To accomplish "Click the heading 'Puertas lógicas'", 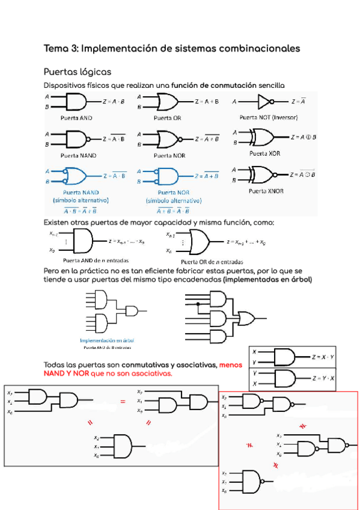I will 77,72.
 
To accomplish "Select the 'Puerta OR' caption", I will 167,118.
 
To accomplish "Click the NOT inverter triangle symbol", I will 264,101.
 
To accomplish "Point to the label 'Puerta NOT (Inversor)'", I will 269,117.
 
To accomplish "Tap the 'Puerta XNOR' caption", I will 266,191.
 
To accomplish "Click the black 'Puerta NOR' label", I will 169,155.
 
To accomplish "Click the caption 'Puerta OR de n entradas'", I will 212,262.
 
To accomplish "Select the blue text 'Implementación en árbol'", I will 107,340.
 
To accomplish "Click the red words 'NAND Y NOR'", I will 66,373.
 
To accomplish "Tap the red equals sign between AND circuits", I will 123,402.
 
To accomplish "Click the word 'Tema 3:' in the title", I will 61,48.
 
